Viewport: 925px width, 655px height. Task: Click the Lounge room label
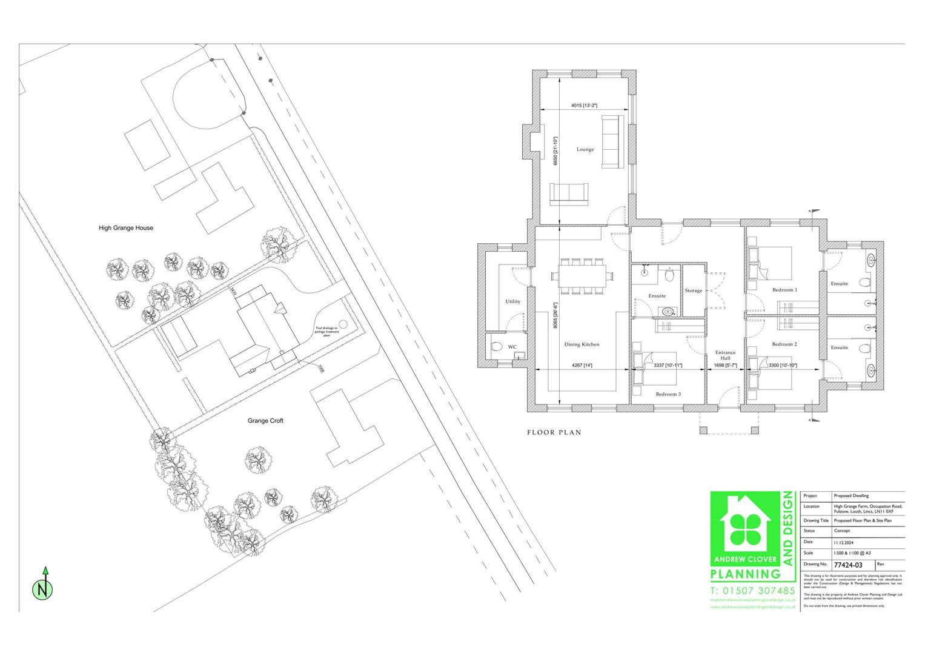click(585, 149)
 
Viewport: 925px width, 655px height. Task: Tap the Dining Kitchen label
click(582, 344)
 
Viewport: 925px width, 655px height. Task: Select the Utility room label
click(513, 301)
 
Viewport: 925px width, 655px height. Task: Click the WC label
click(512, 347)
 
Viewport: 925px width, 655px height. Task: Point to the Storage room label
click(694, 291)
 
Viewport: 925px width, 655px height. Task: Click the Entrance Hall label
click(725, 355)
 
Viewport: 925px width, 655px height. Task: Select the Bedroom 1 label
click(784, 290)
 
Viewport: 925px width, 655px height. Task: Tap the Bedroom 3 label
click(668, 394)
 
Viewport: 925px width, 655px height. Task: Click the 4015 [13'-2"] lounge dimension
click(585, 106)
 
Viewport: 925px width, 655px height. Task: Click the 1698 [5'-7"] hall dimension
click(725, 366)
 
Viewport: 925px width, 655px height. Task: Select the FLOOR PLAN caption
click(554, 432)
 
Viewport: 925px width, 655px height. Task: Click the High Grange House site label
click(126, 228)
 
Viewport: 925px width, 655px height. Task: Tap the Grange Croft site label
click(265, 421)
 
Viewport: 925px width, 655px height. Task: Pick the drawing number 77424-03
click(848, 565)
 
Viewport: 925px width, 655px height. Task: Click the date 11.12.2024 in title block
click(843, 542)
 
